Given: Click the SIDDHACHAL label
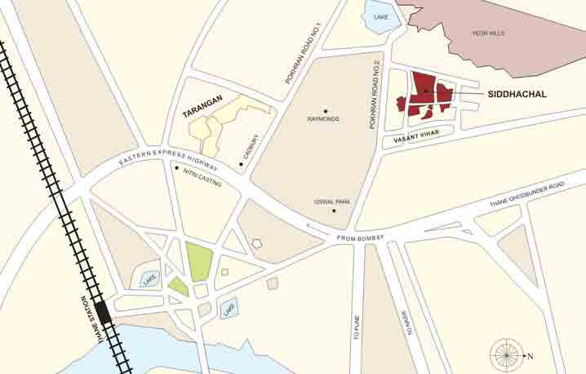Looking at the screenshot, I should tap(517, 95).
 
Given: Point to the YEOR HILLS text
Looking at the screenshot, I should tap(489, 33).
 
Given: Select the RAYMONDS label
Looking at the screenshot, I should tap(323, 120).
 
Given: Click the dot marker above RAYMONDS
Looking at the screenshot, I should tap(325, 111).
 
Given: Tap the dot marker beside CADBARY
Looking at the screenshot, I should tap(242, 165).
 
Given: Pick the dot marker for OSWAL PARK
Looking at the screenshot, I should tap(335, 211).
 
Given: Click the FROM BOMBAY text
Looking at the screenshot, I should tap(359, 238).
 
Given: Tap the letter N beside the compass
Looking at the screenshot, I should tap(529, 356).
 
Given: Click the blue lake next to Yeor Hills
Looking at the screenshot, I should tap(382, 18).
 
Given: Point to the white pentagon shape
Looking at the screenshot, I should tap(257, 243).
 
